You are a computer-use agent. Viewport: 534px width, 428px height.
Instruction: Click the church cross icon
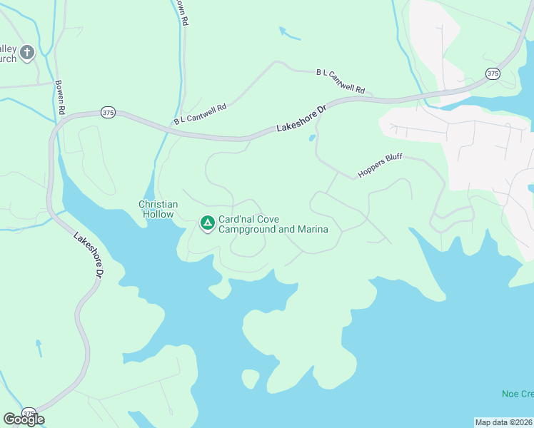pyautogui.click(x=27, y=52)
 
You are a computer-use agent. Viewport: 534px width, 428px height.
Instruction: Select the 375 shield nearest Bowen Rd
pyautogui.click(x=108, y=112)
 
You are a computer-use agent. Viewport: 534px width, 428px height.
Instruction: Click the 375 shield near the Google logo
pyautogui.click(x=29, y=413)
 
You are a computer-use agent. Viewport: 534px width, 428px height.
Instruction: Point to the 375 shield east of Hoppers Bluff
pyautogui.click(x=493, y=73)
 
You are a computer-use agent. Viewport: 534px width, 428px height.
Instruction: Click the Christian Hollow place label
pyautogui.click(x=158, y=208)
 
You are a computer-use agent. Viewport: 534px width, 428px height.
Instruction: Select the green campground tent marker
pyautogui.click(x=207, y=224)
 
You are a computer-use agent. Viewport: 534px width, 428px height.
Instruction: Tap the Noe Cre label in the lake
pyautogui.click(x=517, y=394)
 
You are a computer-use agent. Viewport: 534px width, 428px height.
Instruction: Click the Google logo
pyautogui.click(x=24, y=419)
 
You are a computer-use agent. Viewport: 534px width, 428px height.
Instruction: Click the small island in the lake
pyautogui.click(x=251, y=378)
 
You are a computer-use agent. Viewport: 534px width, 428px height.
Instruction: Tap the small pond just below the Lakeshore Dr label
pyautogui.click(x=312, y=138)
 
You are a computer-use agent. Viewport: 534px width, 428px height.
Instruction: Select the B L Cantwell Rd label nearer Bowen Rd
pyautogui.click(x=200, y=115)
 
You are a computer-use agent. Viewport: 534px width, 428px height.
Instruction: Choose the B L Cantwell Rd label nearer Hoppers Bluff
pyautogui.click(x=341, y=81)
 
